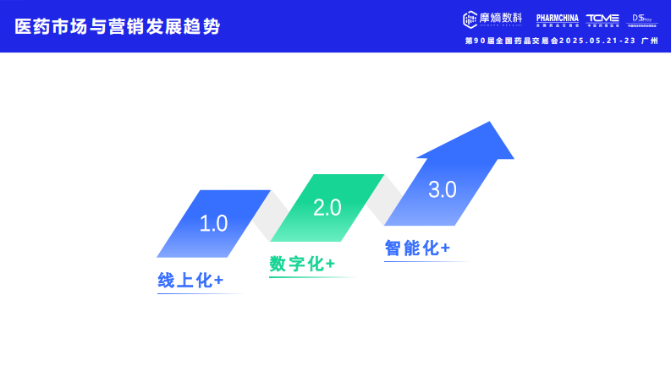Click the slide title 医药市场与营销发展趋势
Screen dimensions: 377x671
click(x=118, y=26)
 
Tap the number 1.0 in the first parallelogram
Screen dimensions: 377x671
click(x=213, y=223)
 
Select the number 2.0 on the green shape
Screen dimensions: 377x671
click(x=327, y=207)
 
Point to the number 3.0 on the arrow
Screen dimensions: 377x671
click(x=442, y=190)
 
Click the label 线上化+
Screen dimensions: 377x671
click(x=190, y=281)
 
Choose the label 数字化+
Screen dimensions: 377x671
click(x=302, y=264)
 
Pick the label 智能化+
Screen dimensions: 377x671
click(x=416, y=248)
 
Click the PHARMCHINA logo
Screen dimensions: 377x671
click(x=558, y=19)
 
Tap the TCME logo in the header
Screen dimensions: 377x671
click(x=602, y=19)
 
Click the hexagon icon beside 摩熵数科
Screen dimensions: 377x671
click(x=471, y=19)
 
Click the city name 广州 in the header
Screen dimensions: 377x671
click(x=650, y=40)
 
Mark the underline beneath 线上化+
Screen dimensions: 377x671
click(x=200, y=294)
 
